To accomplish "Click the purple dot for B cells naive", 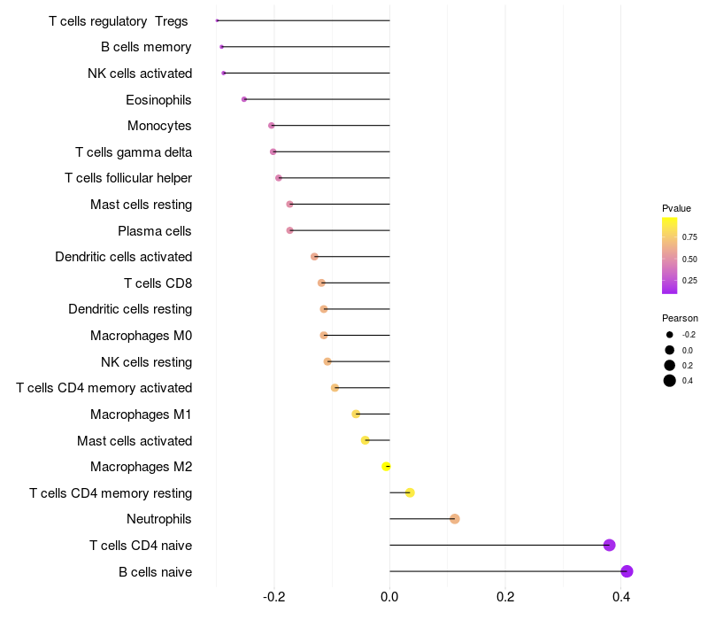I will pos(627,571).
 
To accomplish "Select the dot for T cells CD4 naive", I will pos(609,545).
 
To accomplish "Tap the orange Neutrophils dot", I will pos(454,519).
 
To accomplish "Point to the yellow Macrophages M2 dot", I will pos(386,467).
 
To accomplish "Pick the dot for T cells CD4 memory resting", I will pos(410,492).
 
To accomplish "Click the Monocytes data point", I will pos(272,126).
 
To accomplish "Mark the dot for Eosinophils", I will pos(244,99).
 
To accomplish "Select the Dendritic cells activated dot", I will pos(314,257).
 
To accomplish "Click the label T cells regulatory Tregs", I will pos(119,20).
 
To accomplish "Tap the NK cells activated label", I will pos(140,74).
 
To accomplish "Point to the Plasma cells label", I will pos(155,231).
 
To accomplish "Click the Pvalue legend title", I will pos(676,208).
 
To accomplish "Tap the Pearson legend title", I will pos(680,318).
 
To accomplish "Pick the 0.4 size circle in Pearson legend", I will pos(670,381).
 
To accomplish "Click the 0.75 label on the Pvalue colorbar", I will pos(689,237).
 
